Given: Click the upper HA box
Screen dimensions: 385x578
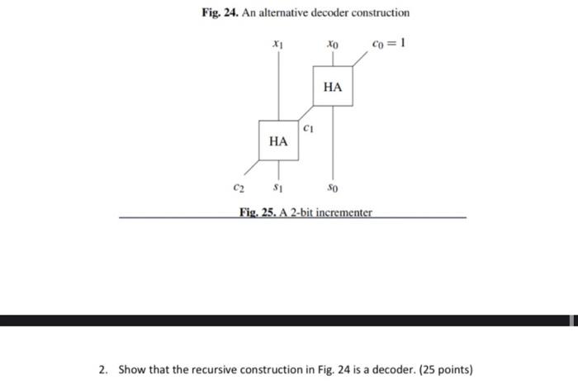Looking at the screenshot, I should (x=333, y=87).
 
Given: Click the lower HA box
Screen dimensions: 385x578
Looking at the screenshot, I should (x=279, y=141).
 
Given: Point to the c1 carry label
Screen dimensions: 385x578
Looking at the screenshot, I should (x=307, y=129).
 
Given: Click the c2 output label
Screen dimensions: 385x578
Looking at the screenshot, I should (x=238, y=188).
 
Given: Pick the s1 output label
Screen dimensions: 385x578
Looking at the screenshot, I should (x=278, y=188).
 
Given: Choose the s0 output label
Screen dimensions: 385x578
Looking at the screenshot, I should (x=332, y=188).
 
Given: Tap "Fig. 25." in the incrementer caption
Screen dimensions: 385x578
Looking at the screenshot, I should (x=253, y=212).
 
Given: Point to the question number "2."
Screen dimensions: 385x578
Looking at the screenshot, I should (x=102, y=368).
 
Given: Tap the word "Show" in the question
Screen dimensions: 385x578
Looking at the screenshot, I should (x=132, y=368).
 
